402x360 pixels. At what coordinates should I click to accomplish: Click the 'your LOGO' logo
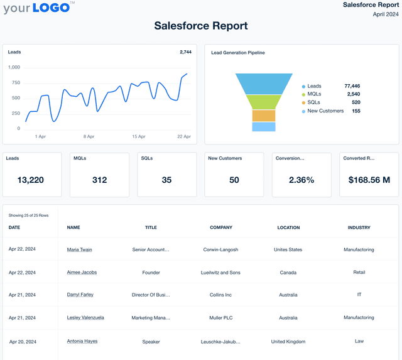click(38, 8)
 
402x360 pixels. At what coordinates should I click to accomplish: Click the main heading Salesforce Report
click(201, 26)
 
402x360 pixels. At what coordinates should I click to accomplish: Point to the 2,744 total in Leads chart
click(185, 52)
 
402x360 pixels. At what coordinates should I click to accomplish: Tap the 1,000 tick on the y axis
click(14, 67)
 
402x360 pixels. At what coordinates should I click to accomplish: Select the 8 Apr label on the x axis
click(89, 136)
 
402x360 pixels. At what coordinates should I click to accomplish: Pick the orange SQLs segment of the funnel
click(264, 116)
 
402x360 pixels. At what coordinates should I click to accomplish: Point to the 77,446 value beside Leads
click(352, 86)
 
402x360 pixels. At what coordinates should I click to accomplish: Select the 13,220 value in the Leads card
click(31, 180)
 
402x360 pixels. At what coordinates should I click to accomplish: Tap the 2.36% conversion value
click(301, 180)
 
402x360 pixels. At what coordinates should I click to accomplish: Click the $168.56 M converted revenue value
click(369, 180)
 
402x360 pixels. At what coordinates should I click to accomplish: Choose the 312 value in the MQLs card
click(99, 180)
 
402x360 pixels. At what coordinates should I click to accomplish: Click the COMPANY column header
click(221, 227)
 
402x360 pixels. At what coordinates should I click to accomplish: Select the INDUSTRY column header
click(359, 227)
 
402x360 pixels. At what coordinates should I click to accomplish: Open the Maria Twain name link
click(79, 249)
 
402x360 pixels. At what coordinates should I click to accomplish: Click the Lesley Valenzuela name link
click(85, 317)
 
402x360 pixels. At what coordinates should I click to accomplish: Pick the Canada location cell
click(288, 272)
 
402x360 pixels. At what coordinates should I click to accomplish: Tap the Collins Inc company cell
click(220, 295)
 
